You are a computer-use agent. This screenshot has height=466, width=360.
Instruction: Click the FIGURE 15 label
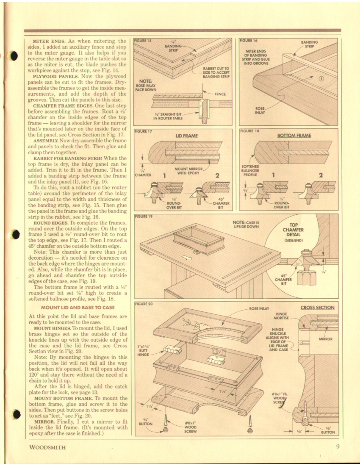tap(143, 41)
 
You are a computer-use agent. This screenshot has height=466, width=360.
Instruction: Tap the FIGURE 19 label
tap(143, 216)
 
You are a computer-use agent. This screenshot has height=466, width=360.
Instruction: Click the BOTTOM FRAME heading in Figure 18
tap(294, 136)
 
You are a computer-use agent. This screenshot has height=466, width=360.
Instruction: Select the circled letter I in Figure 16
tap(321, 78)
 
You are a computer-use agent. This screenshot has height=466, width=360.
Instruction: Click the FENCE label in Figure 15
tap(220, 94)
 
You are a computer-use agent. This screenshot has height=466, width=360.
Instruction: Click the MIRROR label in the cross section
tap(325, 339)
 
